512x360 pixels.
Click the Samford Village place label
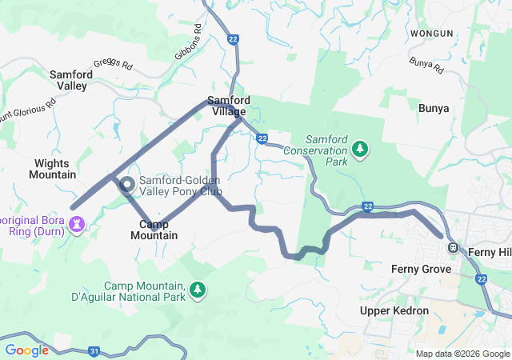click(x=229, y=106)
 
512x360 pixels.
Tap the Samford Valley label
click(x=71, y=80)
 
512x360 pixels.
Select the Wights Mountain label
click(x=54, y=169)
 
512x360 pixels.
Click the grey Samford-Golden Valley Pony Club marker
click(x=127, y=185)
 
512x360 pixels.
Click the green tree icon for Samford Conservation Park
click(x=361, y=148)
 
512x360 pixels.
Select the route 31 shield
click(x=94, y=350)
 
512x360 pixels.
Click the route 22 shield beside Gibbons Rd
click(x=233, y=38)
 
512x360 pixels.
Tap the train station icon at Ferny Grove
click(x=453, y=247)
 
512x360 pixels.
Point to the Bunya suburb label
click(x=434, y=107)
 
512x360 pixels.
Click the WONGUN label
click(x=431, y=34)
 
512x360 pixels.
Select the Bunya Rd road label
click(x=426, y=66)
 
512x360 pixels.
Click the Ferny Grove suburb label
click(x=421, y=269)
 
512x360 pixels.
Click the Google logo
click(x=27, y=350)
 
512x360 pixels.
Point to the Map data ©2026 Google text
click(x=462, y=354)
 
